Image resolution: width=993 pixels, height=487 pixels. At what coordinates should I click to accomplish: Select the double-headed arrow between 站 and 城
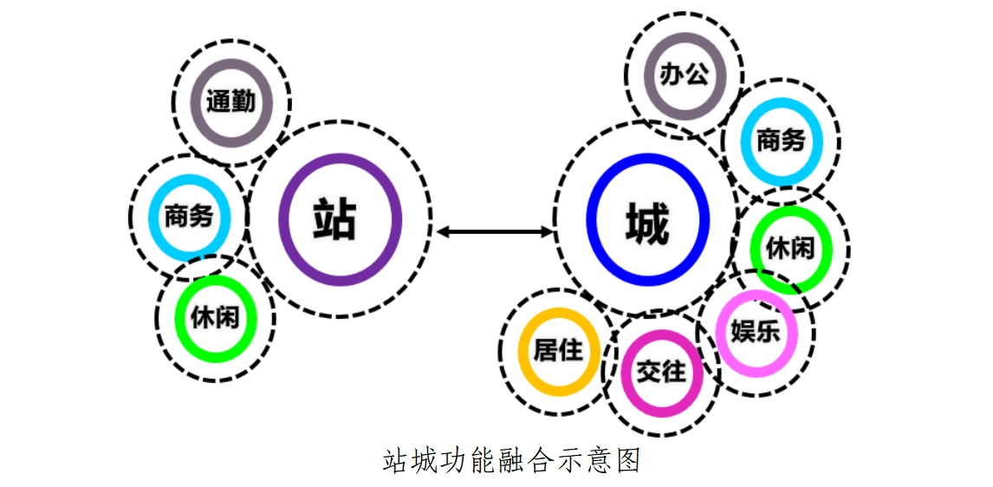495,231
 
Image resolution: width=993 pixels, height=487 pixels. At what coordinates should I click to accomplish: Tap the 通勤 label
230,101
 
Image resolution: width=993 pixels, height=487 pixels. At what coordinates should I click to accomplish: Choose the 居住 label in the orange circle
558,350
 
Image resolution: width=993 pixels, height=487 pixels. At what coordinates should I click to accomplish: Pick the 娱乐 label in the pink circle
756,332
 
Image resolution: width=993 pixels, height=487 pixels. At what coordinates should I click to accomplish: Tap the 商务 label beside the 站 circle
188,216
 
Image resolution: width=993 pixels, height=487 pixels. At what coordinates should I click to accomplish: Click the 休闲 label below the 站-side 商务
215,317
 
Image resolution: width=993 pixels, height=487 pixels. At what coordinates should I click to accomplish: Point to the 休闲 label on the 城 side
790,249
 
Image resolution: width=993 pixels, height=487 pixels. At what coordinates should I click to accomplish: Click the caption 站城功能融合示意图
511,459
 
